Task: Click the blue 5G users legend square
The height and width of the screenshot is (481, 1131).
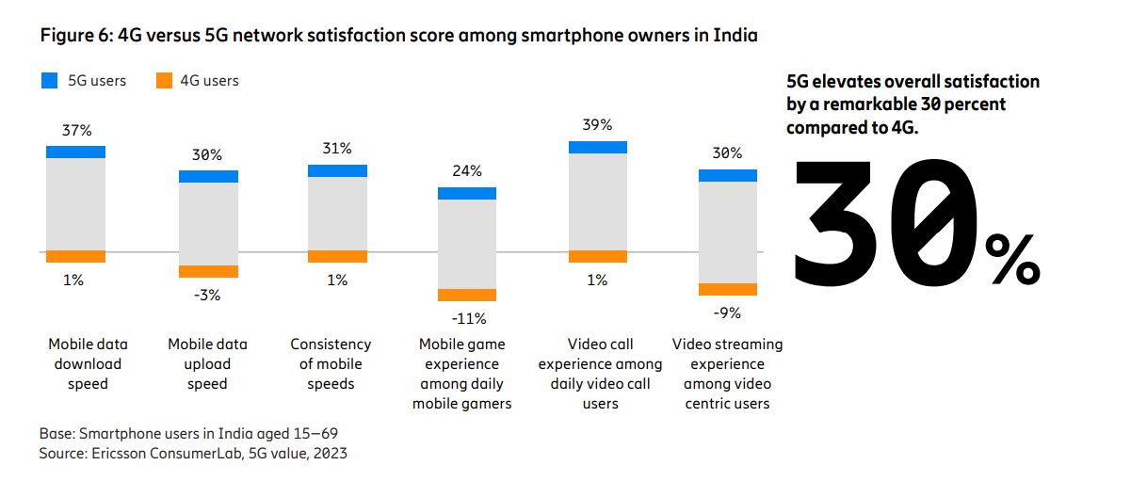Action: click(x=49, y=81)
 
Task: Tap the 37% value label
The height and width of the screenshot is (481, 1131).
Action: click(x=76, y=130)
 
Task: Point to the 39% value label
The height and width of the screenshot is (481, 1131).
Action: click(x=597, y=124)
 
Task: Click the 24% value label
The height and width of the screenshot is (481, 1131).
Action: click(x=467, y=171)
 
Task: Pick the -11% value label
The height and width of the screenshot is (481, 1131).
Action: click(x=467, y=318)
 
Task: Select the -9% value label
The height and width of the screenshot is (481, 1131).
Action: click(x=727, y=313)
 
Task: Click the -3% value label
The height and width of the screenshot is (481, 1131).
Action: click(x=207, y=295)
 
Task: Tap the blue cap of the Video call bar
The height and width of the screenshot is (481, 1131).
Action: click(x=597, y=147)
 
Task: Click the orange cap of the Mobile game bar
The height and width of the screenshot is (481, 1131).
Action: click(x=467, y=295)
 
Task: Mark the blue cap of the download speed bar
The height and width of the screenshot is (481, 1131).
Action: click(x=76, y=152)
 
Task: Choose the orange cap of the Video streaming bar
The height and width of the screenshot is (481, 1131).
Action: click(x=727, y=289)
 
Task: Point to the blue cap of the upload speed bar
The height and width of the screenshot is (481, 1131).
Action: click(x=208, y=176)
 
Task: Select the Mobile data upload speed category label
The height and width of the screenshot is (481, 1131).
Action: click(x=207, y=363)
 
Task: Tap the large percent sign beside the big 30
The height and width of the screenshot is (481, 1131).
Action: click(x=1012, y=260)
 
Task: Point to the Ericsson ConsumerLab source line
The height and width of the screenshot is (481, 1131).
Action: click(x=193, y=454)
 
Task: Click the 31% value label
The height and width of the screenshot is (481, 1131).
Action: click(x=337, y=149)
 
